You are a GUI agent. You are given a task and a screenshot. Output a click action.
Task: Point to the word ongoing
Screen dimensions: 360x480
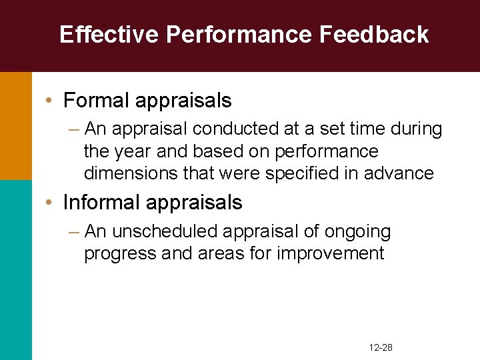(357, 231)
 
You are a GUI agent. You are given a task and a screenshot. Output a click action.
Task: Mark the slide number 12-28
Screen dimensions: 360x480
(381, 348)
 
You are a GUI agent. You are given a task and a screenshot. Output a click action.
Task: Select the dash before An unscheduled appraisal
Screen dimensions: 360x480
(74, 231)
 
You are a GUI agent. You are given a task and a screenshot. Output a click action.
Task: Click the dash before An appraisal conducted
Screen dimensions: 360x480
(74, 129)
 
